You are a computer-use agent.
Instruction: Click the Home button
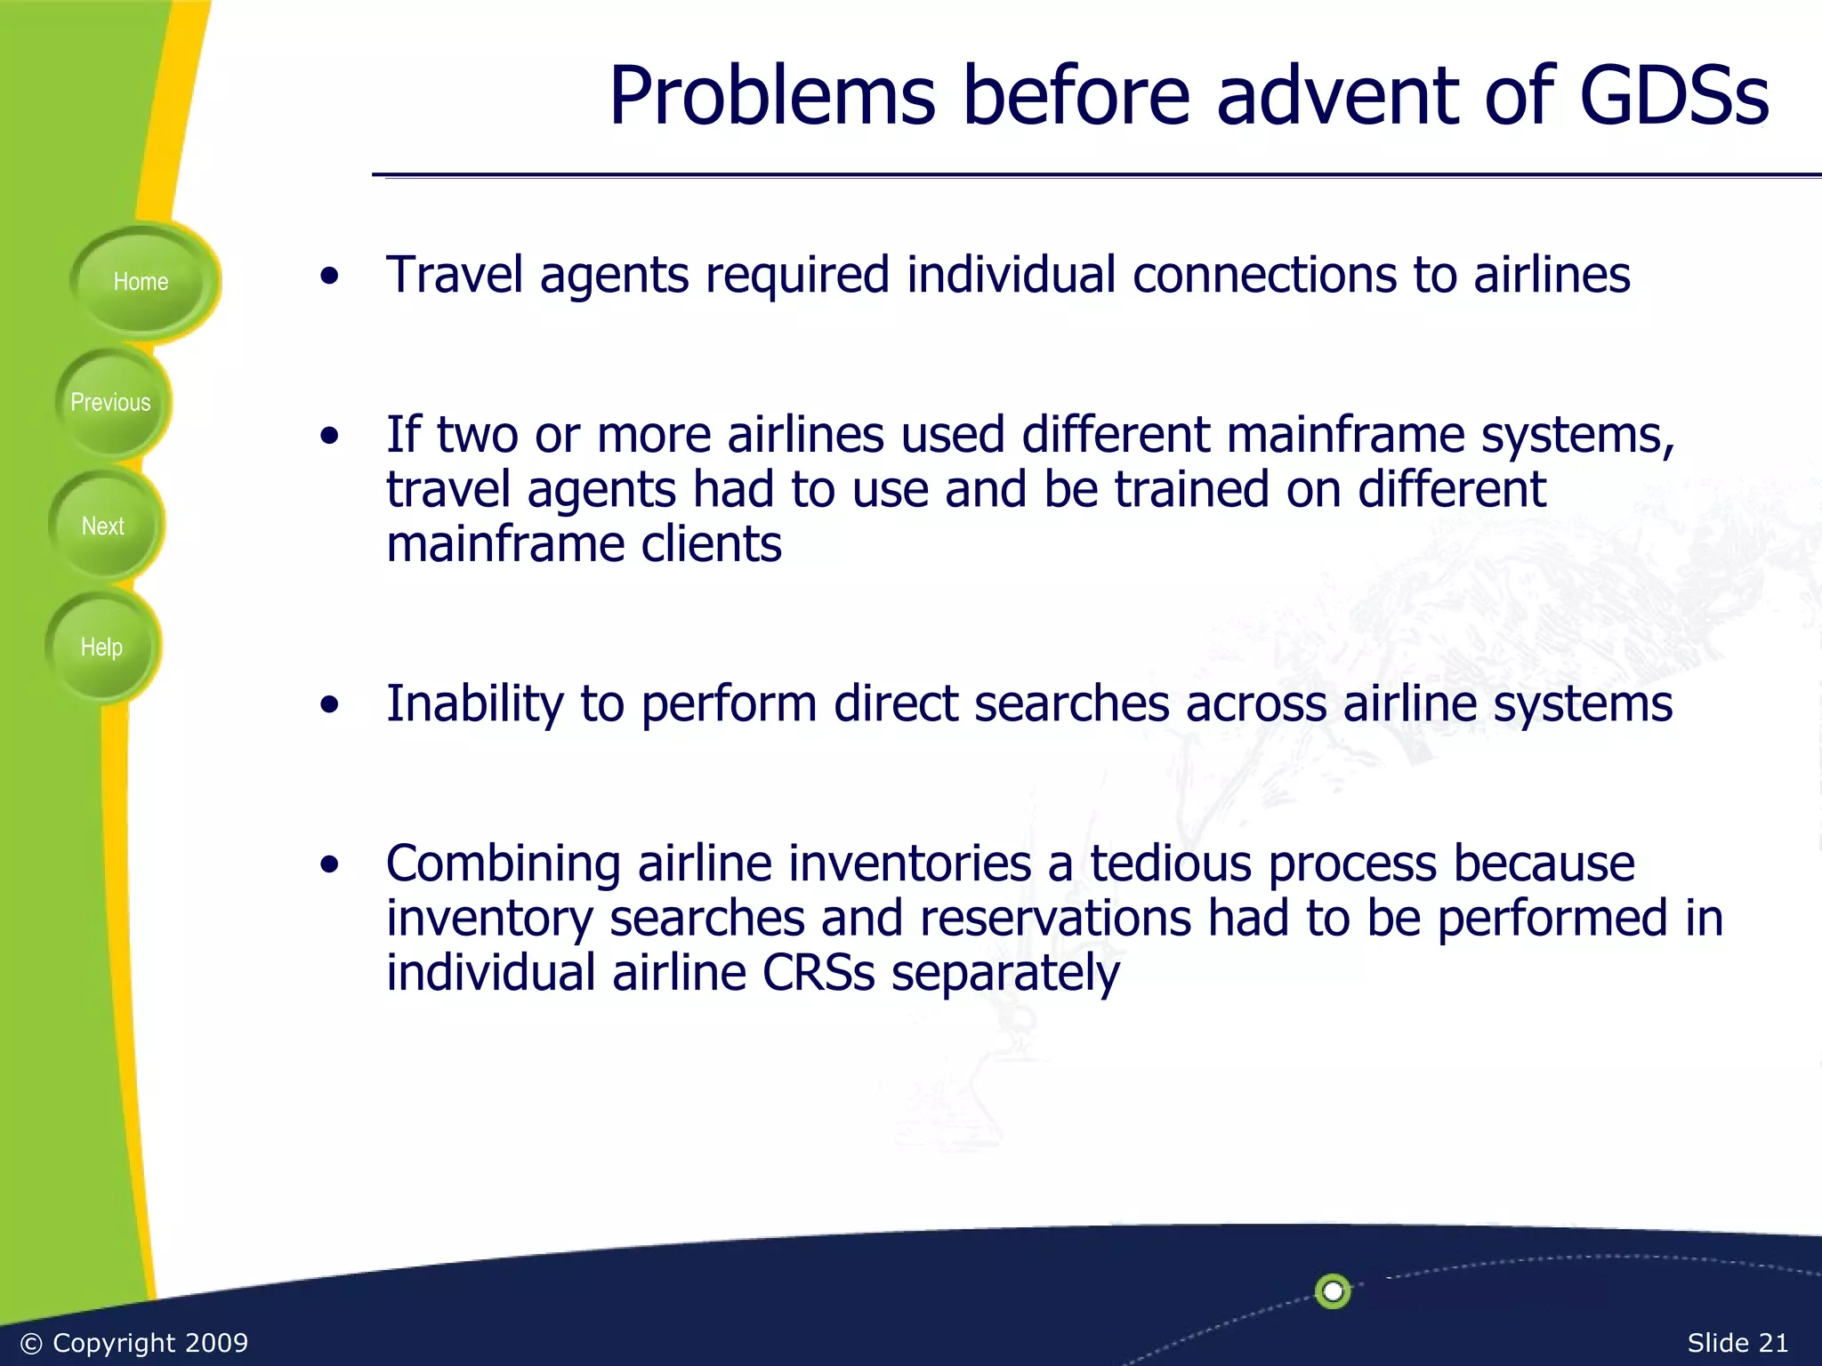tap(141, 282)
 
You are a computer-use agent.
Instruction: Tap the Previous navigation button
tap(110, 403)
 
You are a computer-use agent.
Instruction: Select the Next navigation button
tap(103, 526)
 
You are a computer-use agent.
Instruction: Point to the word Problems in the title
tap(771, 96)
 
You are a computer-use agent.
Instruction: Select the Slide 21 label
tap(1737, 1342)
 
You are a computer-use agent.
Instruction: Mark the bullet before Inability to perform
tap(330, 705)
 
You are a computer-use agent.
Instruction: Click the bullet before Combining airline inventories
tap(330, 864)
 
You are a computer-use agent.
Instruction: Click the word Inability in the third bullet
tap(474, 704)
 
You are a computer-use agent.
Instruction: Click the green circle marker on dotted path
tap(1332, 1290)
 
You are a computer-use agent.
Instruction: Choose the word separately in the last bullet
tap(1005, 973)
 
